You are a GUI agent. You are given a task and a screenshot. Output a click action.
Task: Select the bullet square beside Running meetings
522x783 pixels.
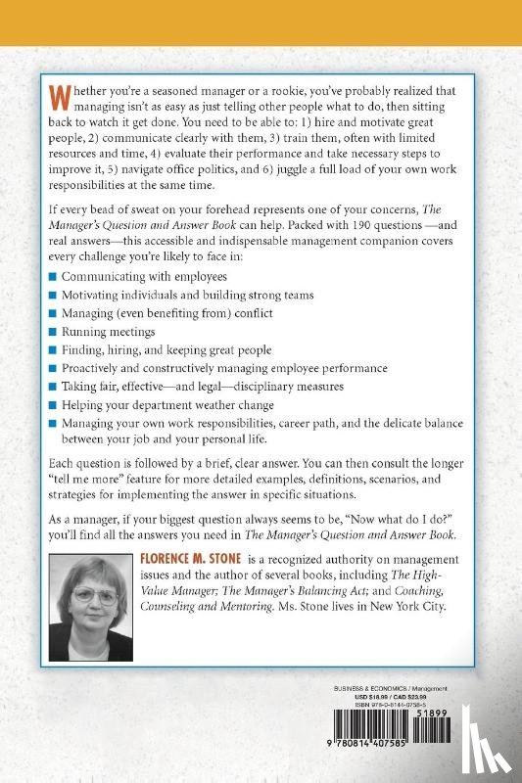tap(54, 332)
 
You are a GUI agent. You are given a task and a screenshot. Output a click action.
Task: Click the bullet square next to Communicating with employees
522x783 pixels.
tap(54, 277)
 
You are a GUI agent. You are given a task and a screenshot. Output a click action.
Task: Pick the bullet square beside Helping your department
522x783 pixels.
tap(54, 405)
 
